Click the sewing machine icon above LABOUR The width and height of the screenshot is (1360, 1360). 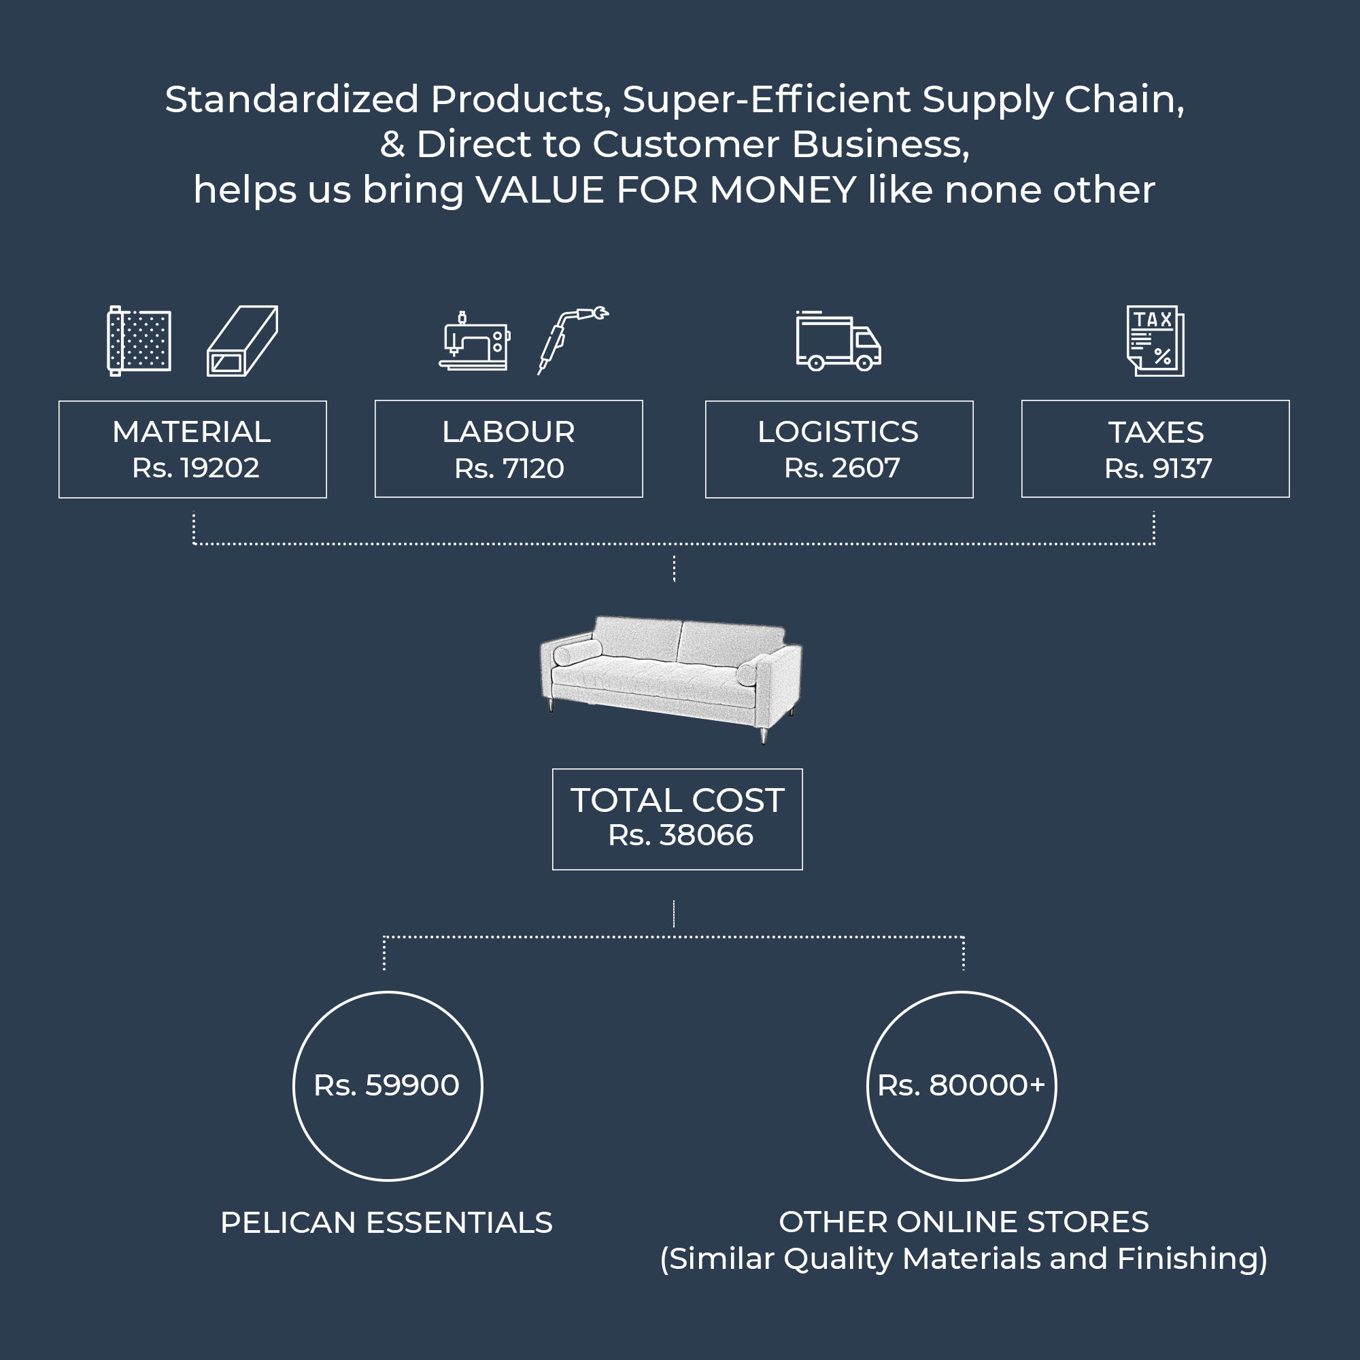[x=474, y=341]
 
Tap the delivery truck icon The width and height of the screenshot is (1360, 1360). [x=838, y=341]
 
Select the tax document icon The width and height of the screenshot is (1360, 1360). [x=1155, y=341]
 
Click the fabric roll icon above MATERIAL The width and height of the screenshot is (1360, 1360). [x=139, y=341]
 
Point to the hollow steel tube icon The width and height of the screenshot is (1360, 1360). [x=242, y=341]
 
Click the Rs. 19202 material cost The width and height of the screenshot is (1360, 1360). [x=196, y=468]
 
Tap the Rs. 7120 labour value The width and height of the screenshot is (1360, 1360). [x=509, y=469]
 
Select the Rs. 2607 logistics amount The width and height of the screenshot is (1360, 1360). [x=842, y=468]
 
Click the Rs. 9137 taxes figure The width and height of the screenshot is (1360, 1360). [x=1158, y=469]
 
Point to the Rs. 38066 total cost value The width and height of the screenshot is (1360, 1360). [x=680, y=835]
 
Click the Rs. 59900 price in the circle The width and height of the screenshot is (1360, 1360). [x=386, y=1085]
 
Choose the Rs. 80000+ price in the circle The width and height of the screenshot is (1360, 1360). [x=961, y=1085]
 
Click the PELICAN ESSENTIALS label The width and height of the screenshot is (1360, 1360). [x=386, y=1223]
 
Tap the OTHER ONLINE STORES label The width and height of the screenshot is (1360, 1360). [x=964, y=1222]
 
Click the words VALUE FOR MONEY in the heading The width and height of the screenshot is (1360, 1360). [x=666, y=190]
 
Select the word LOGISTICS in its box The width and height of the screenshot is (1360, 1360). [x=838, y=432]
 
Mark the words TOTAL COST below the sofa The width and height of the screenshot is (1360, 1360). [x=677, y=800]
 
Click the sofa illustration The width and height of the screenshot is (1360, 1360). [x=671, y=676]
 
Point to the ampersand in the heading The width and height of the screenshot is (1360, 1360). [x=392, y=145]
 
